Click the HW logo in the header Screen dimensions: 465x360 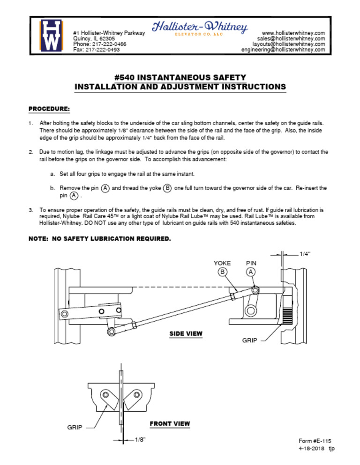pyautogui.click(x=51, y=36)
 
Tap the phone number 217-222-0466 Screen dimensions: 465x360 pyautogui.click(x=106, y=44)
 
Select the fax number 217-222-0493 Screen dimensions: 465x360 pyautogui.click(x=103, y=50)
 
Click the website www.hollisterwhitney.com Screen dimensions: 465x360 pyautogui.click(x=293, y=33)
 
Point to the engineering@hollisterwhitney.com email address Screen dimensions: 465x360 pyautogui.click(x=283, y=50)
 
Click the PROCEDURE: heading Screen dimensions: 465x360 pyautogui.click(x=49, y=109)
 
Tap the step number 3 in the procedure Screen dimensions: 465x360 pyautogui.click(x=30, y=210)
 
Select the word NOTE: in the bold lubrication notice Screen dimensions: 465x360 pyautogui.click(x=39, y=239)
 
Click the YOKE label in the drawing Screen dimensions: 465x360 pyautogui.click(x=222, y=263)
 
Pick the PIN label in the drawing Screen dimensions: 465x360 pyautogui.click(x=251, y=263)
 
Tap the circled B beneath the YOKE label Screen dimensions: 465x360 pyautogui.click(x=222, y=272)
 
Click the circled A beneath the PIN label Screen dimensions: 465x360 pyautogui.click(x=251, y=272)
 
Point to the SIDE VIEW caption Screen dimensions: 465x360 pyautogui.click(x=186, y=334)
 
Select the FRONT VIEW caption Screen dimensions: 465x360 pyautogui.click(x=170, y=424)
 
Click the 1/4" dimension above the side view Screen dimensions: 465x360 pyautogui.click(x=305, y=254)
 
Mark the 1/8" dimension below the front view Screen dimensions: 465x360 pyautogui.click(x=140, y=440)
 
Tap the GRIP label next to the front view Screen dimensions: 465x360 pyautogui.click(x=75, y=428)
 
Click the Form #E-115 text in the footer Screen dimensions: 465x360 pyautogui.click(x=317, y=442)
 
